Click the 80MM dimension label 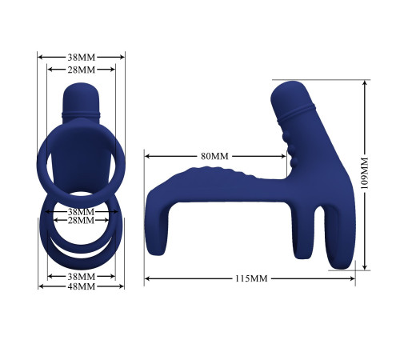(x=214, y=157)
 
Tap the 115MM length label (x=250, y=278)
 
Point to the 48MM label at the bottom (x=81, y=286)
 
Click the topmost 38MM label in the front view (x=81, y=57)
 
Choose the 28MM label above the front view (x=81, y=70)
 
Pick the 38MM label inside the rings (x=81, y=211)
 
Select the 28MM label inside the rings (x=81, y=220)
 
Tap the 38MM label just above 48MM (x=81, y=276)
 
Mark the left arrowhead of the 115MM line (x=147, y=278)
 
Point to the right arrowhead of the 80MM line (x=286, y=157)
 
